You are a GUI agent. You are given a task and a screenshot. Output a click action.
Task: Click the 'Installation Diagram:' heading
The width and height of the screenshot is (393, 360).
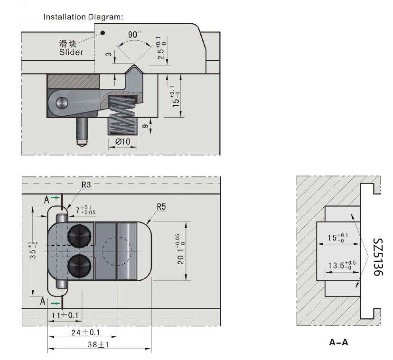[83, 17]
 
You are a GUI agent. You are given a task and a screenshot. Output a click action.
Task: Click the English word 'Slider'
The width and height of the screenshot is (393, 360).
[71, 52]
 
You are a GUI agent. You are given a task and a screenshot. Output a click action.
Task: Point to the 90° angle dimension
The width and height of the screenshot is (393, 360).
[134, 35]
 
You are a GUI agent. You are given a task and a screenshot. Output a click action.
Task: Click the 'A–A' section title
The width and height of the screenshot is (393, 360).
[338, 342]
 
